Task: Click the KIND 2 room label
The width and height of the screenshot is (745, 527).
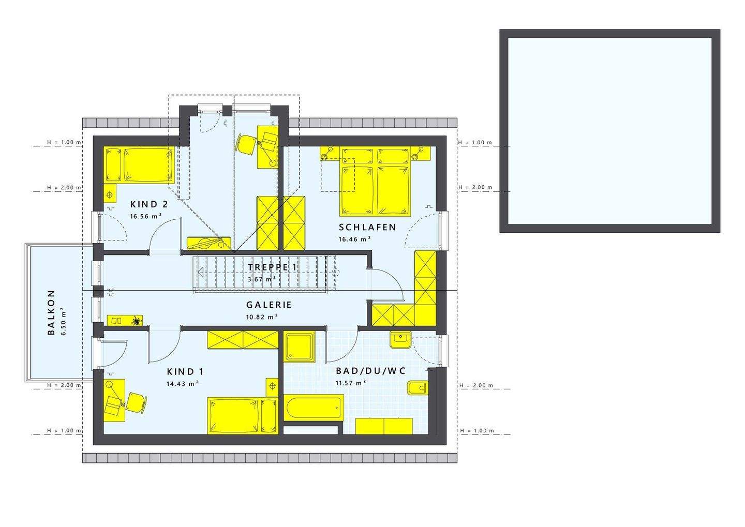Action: pyautogui.click(x=149, y=204)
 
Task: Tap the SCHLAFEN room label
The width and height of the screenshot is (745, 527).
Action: pyautogui.click(x=367, y=227)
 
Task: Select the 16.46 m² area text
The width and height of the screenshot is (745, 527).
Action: pyautogui.click(x=354, y=239)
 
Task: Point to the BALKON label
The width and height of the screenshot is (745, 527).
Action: pyautogui.click(x=51, y=312)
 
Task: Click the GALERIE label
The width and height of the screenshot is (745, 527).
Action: pyautogui.click(x=269, y=305)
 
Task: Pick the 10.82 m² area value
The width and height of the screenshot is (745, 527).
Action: pyautogui.click(x=262, y=317)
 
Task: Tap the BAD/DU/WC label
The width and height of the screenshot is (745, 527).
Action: pyautogui.click(x=370, y=371)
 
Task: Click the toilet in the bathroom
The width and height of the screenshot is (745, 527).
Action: pyautogui.click(x=418, y=388)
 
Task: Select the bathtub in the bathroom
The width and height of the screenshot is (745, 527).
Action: pyautogui.click(x=314, y=408)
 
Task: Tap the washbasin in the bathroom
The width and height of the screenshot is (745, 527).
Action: pyautogui.click(x=400, y=340)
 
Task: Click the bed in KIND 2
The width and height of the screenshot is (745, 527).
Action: pyautogui.click(x=140, y=165)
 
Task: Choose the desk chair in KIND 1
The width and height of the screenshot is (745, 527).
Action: pyautogui.click(x=136, y=402)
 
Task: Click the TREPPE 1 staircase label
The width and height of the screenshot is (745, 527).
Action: pyautogui.click(x=273, y=267)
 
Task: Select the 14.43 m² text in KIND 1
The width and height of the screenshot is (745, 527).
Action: pyautogui.click(x=183, y=384)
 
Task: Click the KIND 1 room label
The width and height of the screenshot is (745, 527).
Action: pyautogui.click(x=185, y=372)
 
